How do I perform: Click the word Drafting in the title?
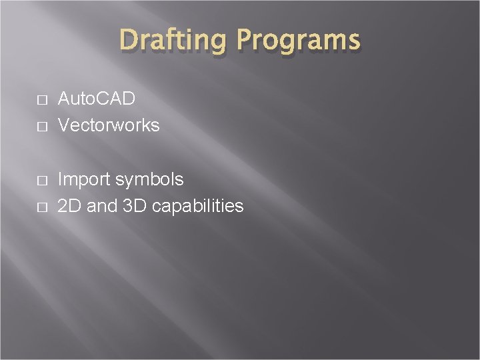pyautogui.click(x=173, y=40)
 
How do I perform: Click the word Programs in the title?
pyautogui.click(x=297, y=40)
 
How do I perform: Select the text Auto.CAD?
pyautogui.click(x=97, y=99)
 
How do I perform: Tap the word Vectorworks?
pyautogui.click(x=109, y=125)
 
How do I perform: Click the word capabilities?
pyautogui.click(x=197, y=207)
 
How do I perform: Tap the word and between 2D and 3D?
pyautogui.click(x=102, y=206)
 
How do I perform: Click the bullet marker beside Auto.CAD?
pyautogui.click(x=42, y=100)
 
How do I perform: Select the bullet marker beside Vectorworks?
pyautogui.click(x=42, y=126)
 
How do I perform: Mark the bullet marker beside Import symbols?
pyautogui.click(x=42, y=181)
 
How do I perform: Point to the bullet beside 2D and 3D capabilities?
pyautogui.click(x=42, y=207)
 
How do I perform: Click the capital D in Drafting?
pyautogui.click(x=129, y=39)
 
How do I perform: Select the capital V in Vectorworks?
pyautogui.click(x=64, y=125)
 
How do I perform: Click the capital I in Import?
pyautogui.click(x=61, y=179)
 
